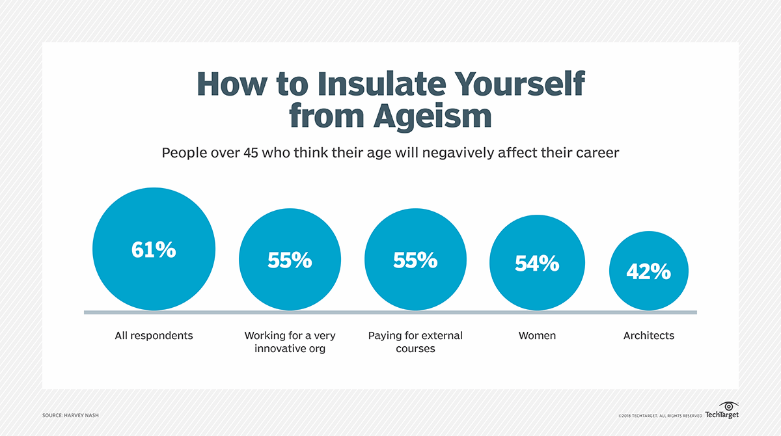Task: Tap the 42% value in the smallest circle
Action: (x=648, y=272)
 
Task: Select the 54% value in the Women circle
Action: (x=537, y=264)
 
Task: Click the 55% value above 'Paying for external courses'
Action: (x=415, y=260)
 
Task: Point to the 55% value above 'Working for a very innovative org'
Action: (x=290, y=260)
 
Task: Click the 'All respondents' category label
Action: (x=154, y=336)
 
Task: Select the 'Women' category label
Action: (x=537, y=336)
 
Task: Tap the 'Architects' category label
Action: (x=648, y=336)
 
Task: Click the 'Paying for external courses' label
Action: (x=415, y=342)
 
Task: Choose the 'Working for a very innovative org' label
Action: (x=290, y=342)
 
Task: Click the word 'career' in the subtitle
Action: (x=596, y=154)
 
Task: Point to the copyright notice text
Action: (x=660, y=415)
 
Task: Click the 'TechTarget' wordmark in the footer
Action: (x=722, y=415)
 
